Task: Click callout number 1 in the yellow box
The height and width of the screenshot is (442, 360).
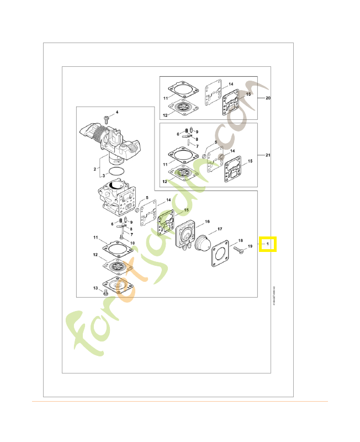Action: (x=268, y=244)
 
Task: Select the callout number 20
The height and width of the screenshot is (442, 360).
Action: (x=268, y=98)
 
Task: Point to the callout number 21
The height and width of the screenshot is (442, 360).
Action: (x=268, y=155)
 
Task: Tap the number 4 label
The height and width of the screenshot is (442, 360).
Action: (x=117, y=113)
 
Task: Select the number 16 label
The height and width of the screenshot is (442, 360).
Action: (x=207, y=222)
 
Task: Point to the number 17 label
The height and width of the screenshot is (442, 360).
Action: (x=219, y=229)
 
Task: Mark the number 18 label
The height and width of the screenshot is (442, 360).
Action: (x=240, y=241)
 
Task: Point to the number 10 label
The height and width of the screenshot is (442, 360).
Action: (x=132, y=243)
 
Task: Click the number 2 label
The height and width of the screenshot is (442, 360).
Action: (x=95, y=169)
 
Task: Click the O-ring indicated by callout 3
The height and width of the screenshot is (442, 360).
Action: (x=117, y=172)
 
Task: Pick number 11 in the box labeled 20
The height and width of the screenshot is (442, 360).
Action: (x=165, y=98)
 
